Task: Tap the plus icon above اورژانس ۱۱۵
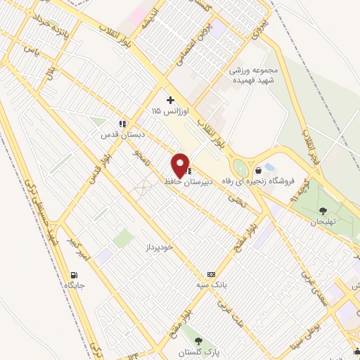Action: click(170, 100)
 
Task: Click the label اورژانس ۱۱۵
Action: click(166, 111)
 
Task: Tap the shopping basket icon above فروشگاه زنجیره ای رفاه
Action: click(258, 169)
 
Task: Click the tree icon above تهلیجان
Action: click(323, 210)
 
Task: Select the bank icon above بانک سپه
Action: click(210, 274)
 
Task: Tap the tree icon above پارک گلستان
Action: click(206, 341)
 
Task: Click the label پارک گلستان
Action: click(207, 352)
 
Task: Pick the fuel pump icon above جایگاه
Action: click(74, 274)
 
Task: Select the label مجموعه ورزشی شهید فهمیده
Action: click(255, 75)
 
